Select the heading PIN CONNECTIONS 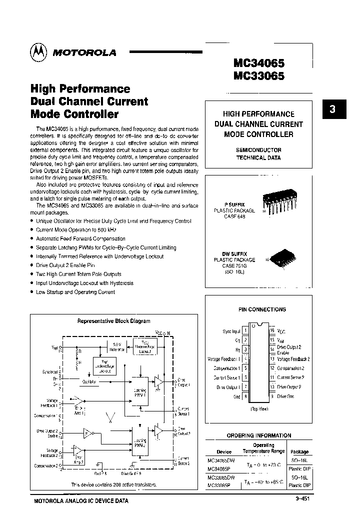pyautogui.click(x=262, y=309)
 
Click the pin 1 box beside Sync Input pyautogui.click(x=245, y=331)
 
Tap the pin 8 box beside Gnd pyautogui.click(x=245, y=396)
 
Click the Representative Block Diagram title pyautogui.click(x=113, y=321)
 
